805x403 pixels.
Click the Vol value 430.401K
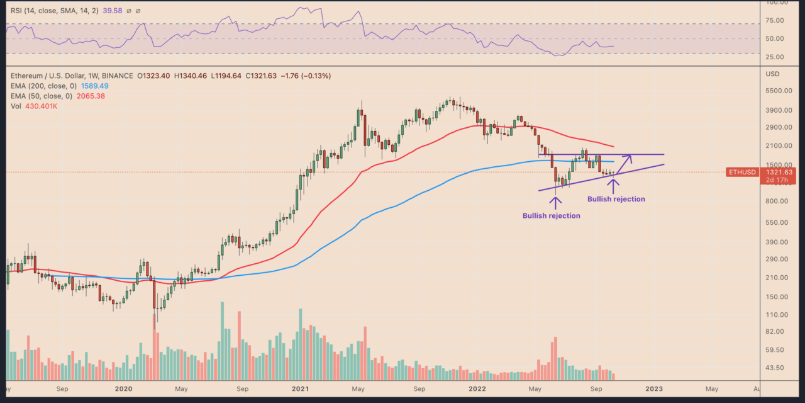tap(43, 106)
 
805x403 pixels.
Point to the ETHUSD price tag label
tap(740, 172)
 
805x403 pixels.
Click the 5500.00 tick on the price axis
tap(778, 91)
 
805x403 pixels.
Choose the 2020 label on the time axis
tap(122, 389)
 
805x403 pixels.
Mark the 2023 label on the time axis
tap(654, 389)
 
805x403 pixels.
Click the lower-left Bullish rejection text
tap(551, 215)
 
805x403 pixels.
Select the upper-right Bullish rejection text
tap(616, 199)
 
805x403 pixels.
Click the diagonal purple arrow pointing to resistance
tap(625, 164)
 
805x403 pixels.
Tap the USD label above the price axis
tap(772, 74)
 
